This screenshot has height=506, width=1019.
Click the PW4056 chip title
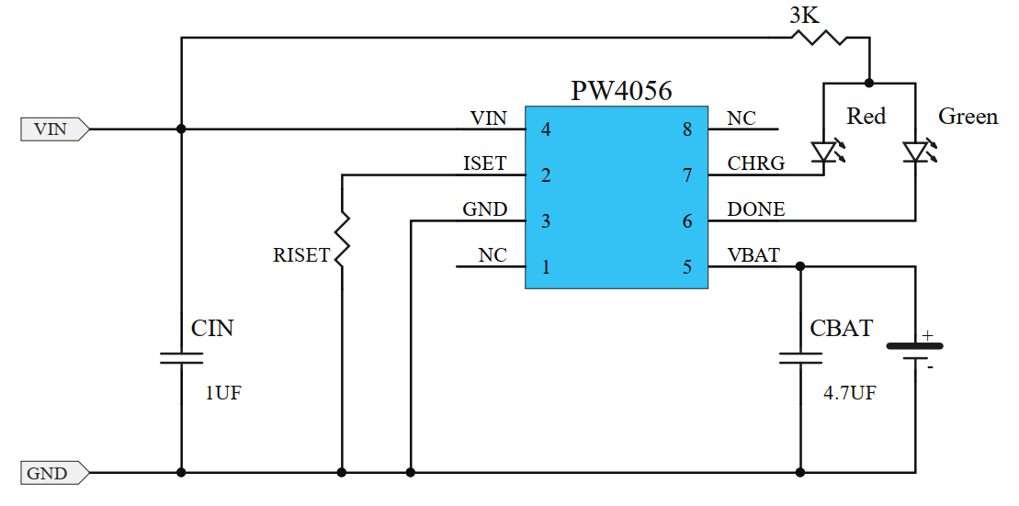tap(621, 91)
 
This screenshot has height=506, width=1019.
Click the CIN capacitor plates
tap(181, 357)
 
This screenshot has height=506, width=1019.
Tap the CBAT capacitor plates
tap(800, 357)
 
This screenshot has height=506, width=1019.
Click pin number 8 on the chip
tap(686, 129)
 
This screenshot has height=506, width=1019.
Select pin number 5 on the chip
tap(686, 267)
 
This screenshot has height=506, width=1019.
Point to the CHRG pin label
tap(756, 163)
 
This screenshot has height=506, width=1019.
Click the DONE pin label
tap(756, 209)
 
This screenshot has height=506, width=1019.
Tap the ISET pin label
tap(484, 163)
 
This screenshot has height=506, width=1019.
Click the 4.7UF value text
tap(849, 393)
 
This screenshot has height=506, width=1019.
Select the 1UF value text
tap(223, 393)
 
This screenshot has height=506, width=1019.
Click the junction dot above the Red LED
tap(869, 83)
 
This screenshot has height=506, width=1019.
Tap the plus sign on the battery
tap(928, 336)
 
